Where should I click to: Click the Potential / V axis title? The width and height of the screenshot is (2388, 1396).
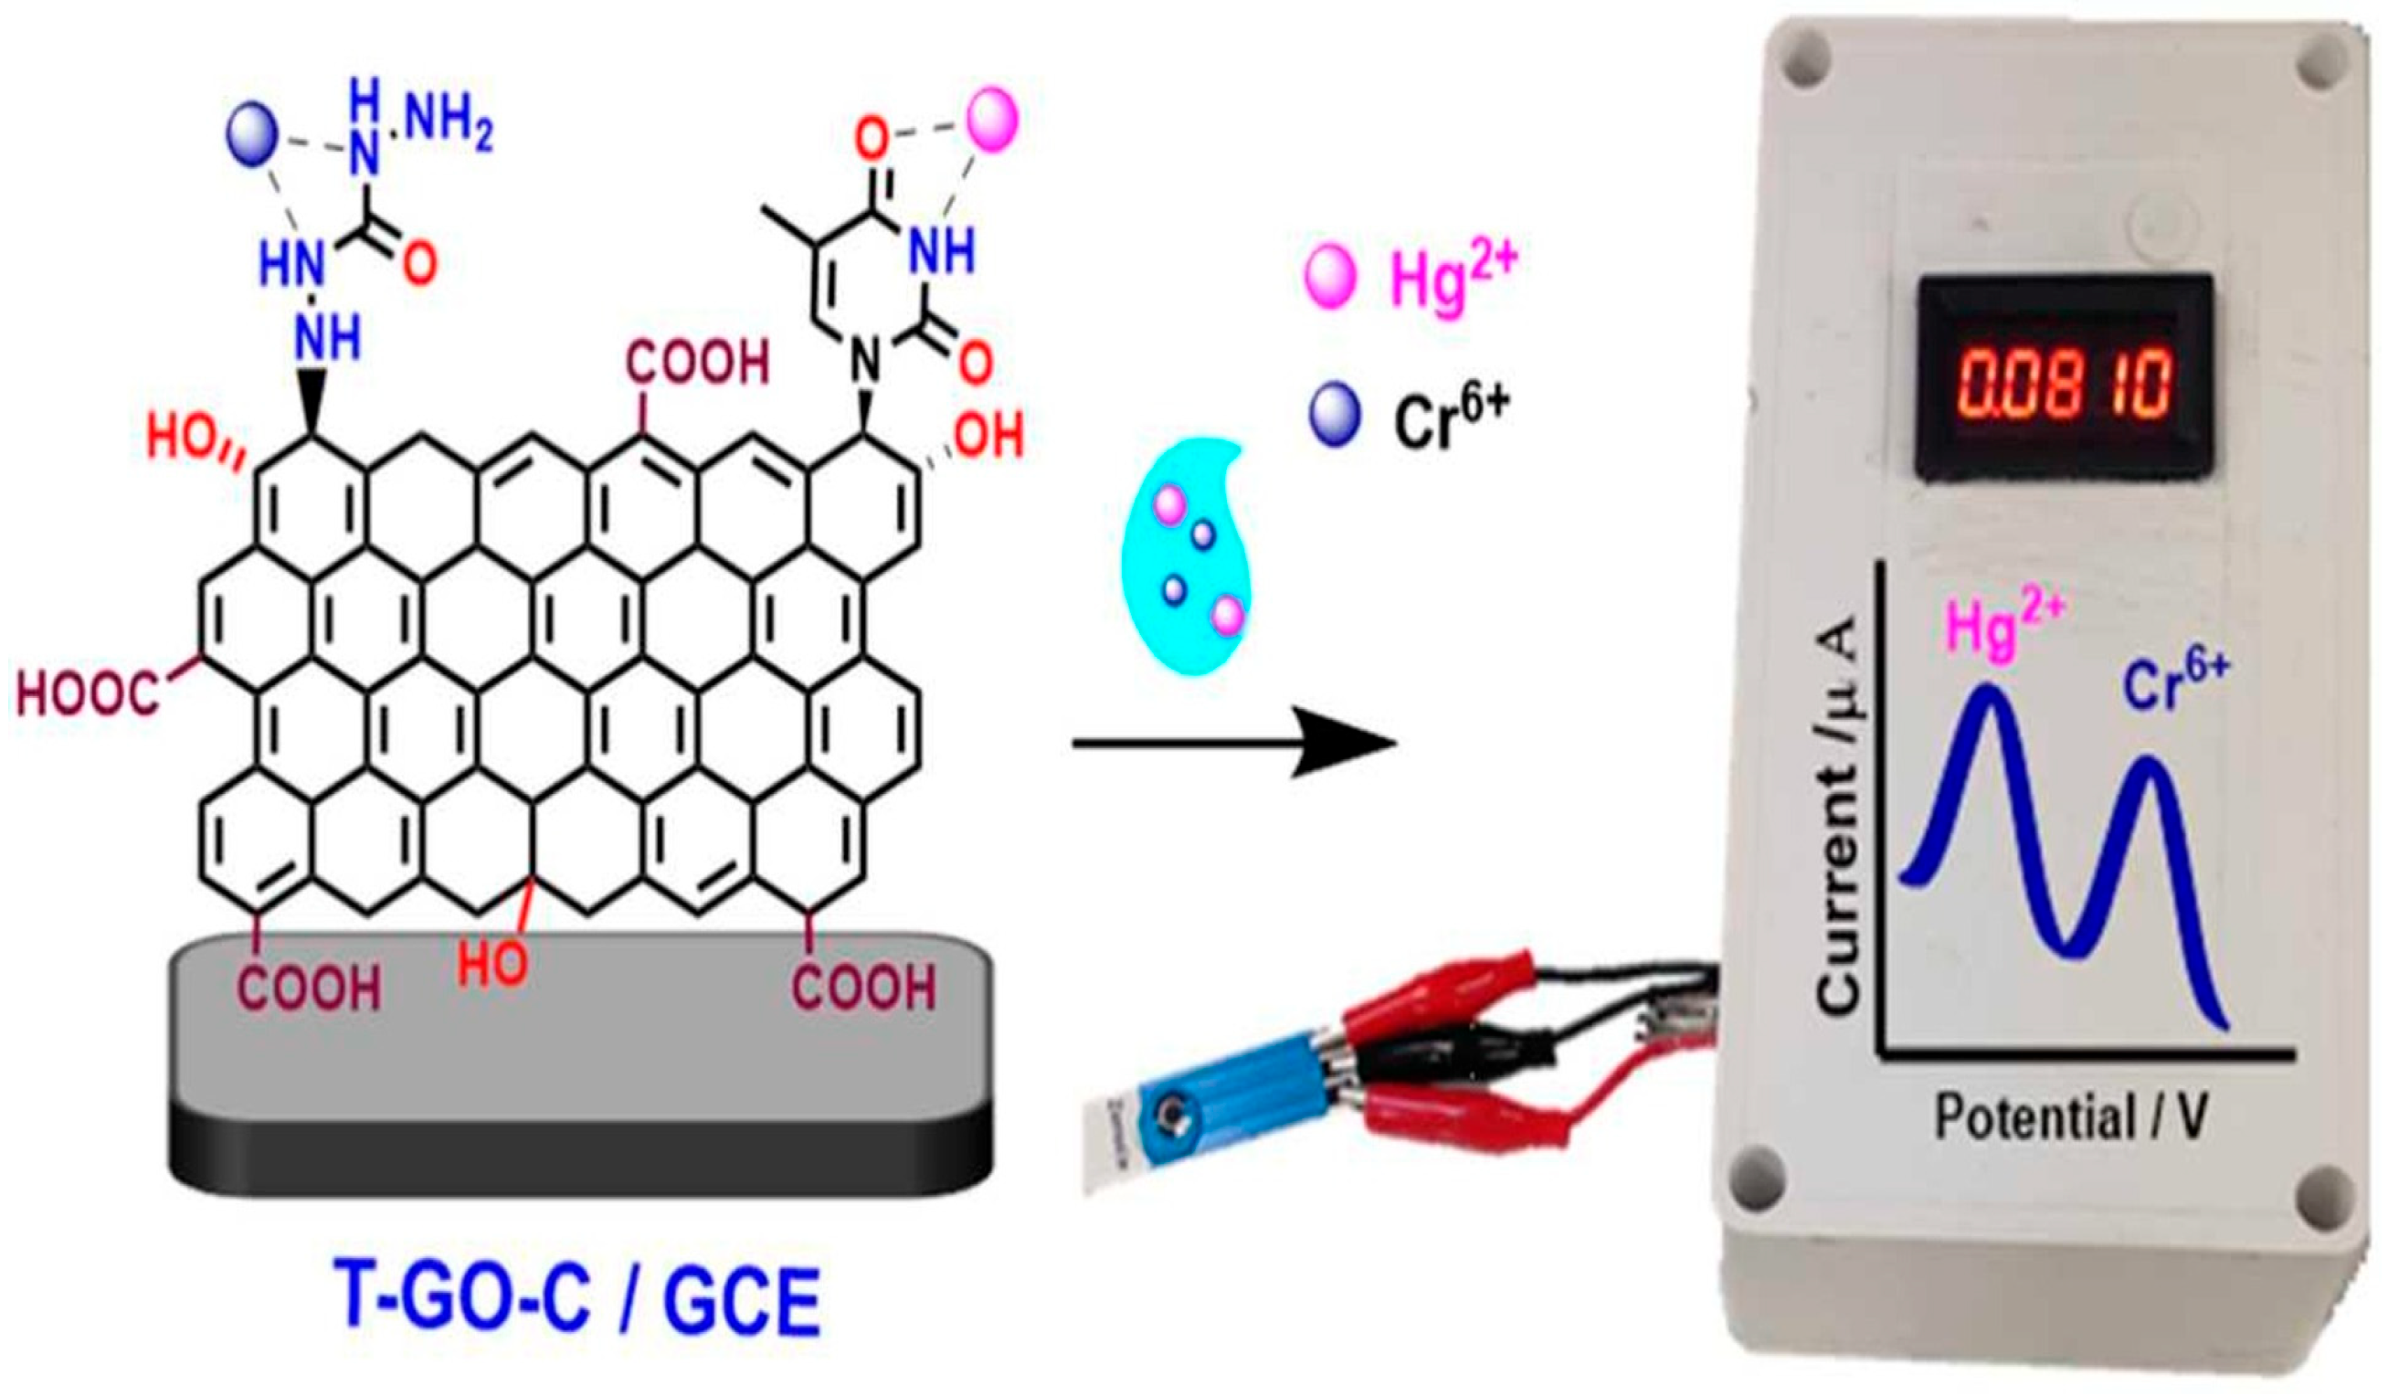pyautogui.click(x=2071, y=1118)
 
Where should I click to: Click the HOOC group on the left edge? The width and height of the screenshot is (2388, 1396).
pyautogui.click(x=87, y=693)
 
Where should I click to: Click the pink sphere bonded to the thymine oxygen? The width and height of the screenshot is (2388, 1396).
pyautogui.click(x=992, y=120)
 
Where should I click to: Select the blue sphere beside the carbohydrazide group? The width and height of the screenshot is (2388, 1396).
pyautogui.click(x=252, y=132)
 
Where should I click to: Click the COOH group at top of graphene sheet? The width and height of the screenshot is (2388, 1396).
pyautogui.click(x=698, y=363)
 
